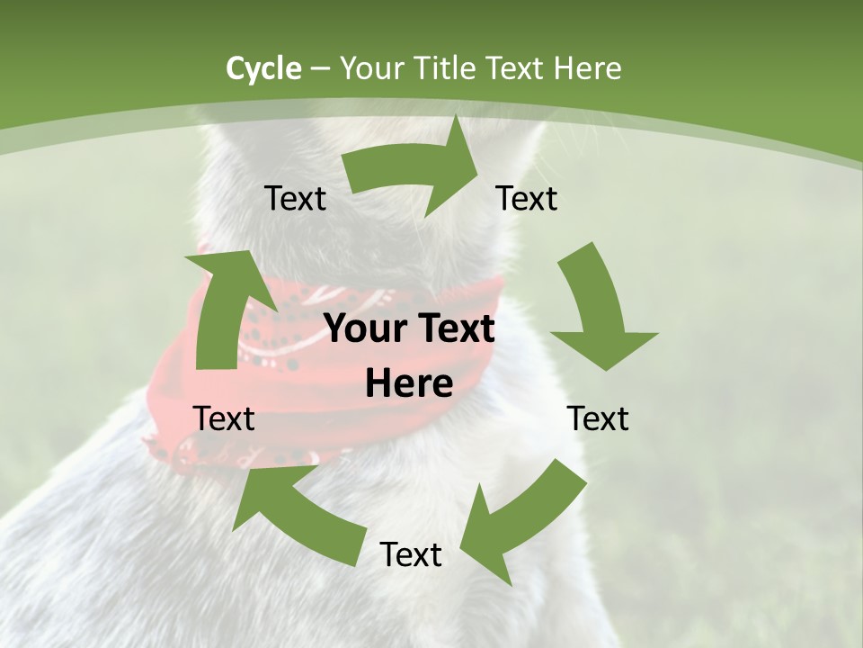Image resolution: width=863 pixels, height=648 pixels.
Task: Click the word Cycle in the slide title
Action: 263,68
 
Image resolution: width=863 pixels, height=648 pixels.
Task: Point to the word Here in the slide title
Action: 589,68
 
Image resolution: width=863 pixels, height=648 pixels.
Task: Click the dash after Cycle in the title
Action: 320,69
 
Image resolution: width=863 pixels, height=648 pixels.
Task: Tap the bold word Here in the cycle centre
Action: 409,384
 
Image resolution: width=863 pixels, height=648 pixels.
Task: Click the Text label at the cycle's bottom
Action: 411,554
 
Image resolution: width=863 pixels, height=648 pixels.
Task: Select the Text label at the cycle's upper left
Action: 295,198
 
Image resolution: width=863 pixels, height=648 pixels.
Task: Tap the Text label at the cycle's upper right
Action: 527,198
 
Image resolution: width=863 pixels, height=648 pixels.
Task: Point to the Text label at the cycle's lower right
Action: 598,418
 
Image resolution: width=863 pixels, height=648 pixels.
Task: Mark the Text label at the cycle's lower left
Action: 224,418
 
